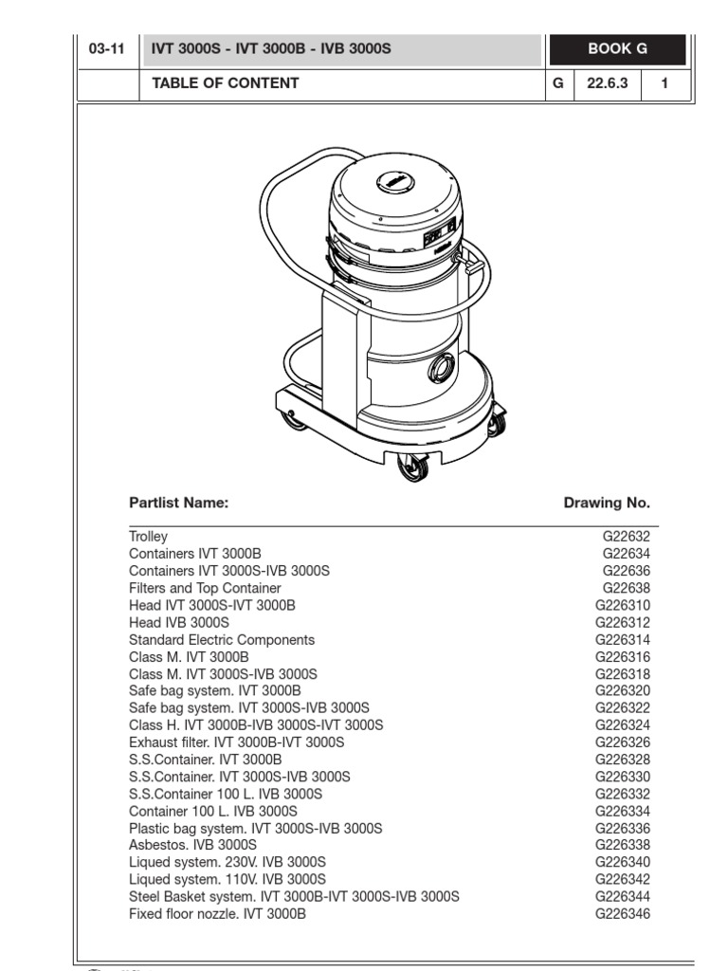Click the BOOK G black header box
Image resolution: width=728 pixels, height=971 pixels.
coord(616,49)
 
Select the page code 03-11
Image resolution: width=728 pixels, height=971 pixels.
coord(106,49)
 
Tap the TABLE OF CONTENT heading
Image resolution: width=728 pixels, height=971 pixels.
coord(226,83)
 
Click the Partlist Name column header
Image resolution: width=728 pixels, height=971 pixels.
coord(178,503)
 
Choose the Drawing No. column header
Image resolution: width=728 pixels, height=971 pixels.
coord(607,503)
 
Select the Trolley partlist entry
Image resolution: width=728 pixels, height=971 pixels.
coord(148,537)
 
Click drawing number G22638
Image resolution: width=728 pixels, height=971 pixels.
coord(626,588)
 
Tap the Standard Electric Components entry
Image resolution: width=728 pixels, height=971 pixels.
coord(222,640)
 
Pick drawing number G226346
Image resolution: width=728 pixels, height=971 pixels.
coord(623,914)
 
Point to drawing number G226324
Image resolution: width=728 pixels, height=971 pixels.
coord(623,725)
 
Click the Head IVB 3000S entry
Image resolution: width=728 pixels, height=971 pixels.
coord(179,623)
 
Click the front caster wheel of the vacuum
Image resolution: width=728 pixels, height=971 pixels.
coord(413,466)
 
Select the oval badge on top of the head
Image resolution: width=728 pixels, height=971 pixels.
coord(393,182)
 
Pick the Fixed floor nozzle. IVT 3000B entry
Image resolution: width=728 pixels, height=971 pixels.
coord(217,914)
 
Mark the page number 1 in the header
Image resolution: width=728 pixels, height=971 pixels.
coord(664,83)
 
